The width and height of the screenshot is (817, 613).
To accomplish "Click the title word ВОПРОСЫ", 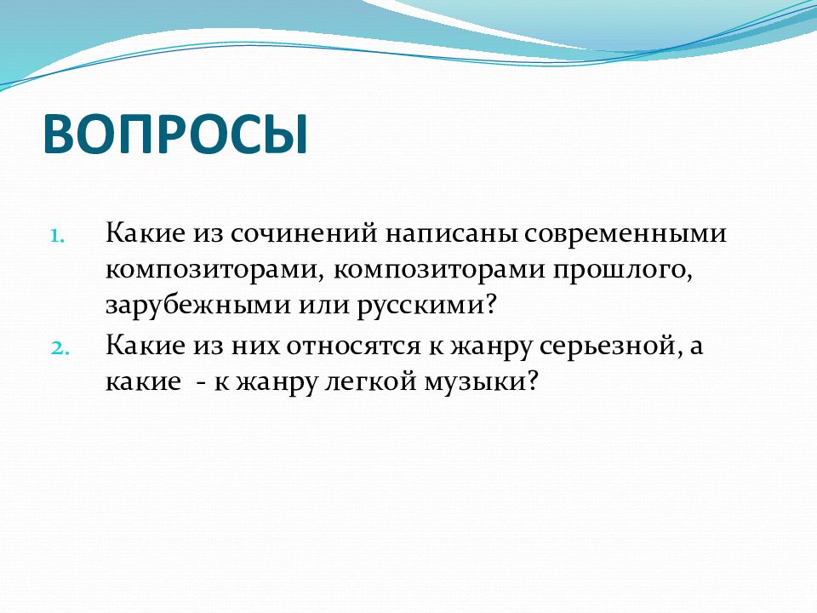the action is tap(175, 133).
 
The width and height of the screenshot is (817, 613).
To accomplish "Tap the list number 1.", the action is tap(57, 236).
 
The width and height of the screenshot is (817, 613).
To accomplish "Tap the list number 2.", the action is tap(60, 348).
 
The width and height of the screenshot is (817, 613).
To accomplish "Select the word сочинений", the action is tap(304, 232).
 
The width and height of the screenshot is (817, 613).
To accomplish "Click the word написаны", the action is tap(452, 234).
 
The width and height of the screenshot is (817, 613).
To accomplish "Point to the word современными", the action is tap(626, 233).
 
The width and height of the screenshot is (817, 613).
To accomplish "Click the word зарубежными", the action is tap(197, 305).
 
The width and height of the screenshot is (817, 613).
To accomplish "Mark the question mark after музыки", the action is tap(531, 381).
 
